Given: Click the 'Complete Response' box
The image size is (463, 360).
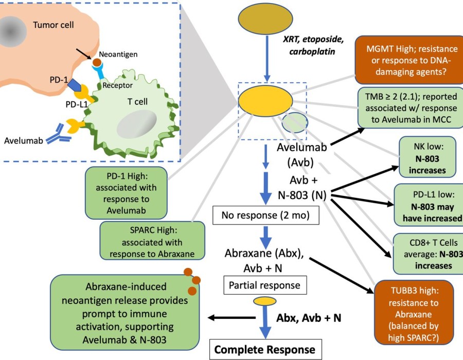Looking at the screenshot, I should coord(264,349).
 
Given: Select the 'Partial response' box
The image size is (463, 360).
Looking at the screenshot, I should coord(264,284).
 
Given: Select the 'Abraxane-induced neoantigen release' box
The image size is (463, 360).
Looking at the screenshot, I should coord(126,311).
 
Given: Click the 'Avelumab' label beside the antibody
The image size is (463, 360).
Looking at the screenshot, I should coord(20,140).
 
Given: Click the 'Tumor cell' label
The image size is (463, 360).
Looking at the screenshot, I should coord(54,24).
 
